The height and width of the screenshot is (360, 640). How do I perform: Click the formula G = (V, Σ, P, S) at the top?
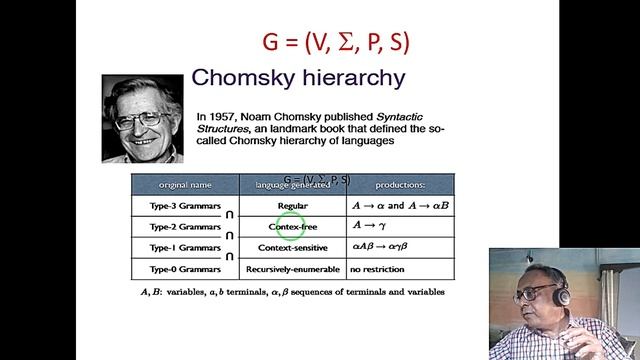click(336, 43)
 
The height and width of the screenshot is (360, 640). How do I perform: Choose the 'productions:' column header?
click(399, 185)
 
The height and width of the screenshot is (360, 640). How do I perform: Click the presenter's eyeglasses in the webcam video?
click(538, 291)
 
